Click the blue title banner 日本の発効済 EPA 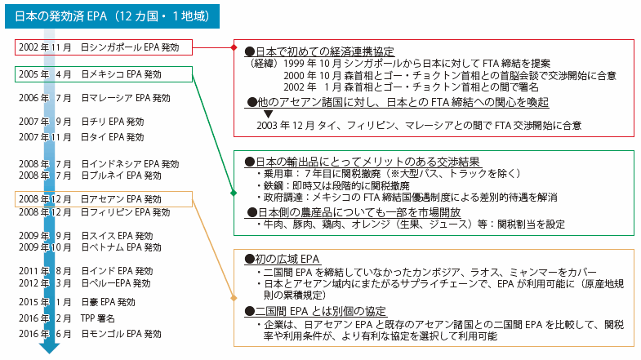pyautogui.click(x=112, y=16)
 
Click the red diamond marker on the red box pyautogui.click(x=234, y=47)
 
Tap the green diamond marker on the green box pyautogui.click(x=234, y=193)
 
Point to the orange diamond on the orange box pyautogui.click(x=234, y=298)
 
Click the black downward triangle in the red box pyautogui.click(x=268, y=114)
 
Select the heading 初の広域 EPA pyautogui.click(x=282, y=259)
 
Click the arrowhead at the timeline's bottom pyautogui.click(x=50, y=348)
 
